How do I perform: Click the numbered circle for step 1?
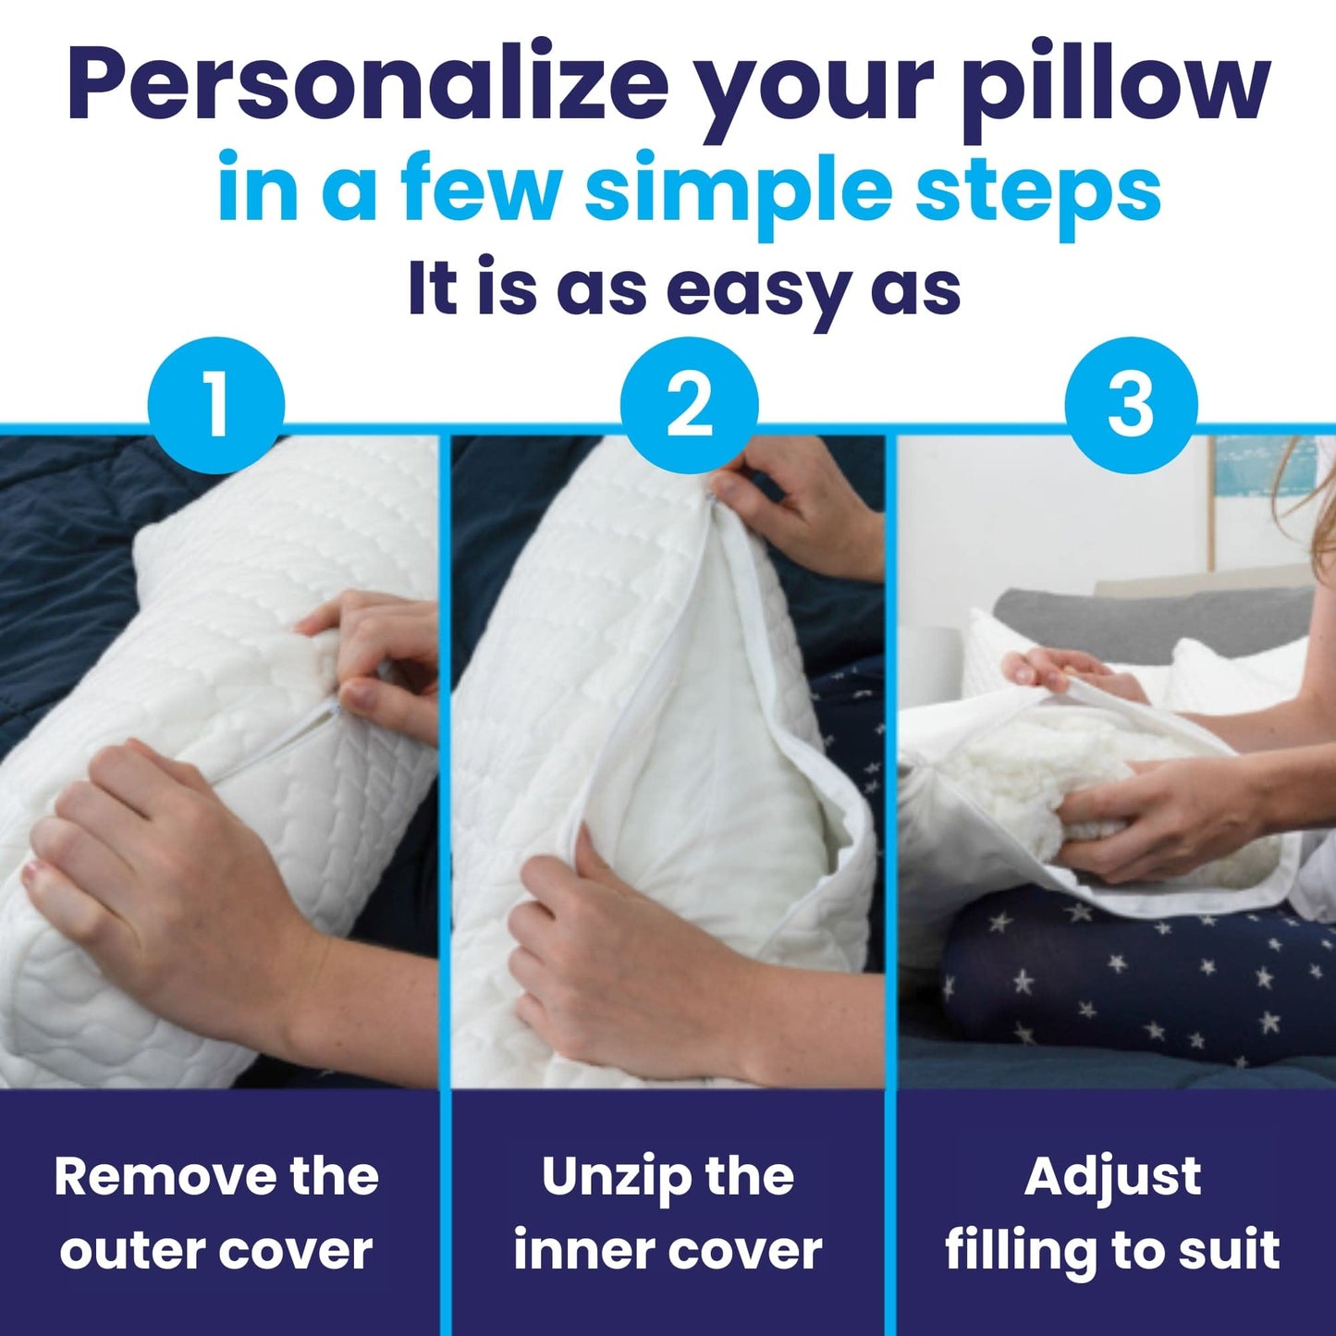coord(215,405)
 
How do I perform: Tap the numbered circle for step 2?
coord(689,405)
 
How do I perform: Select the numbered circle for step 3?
coord(1131,405)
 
